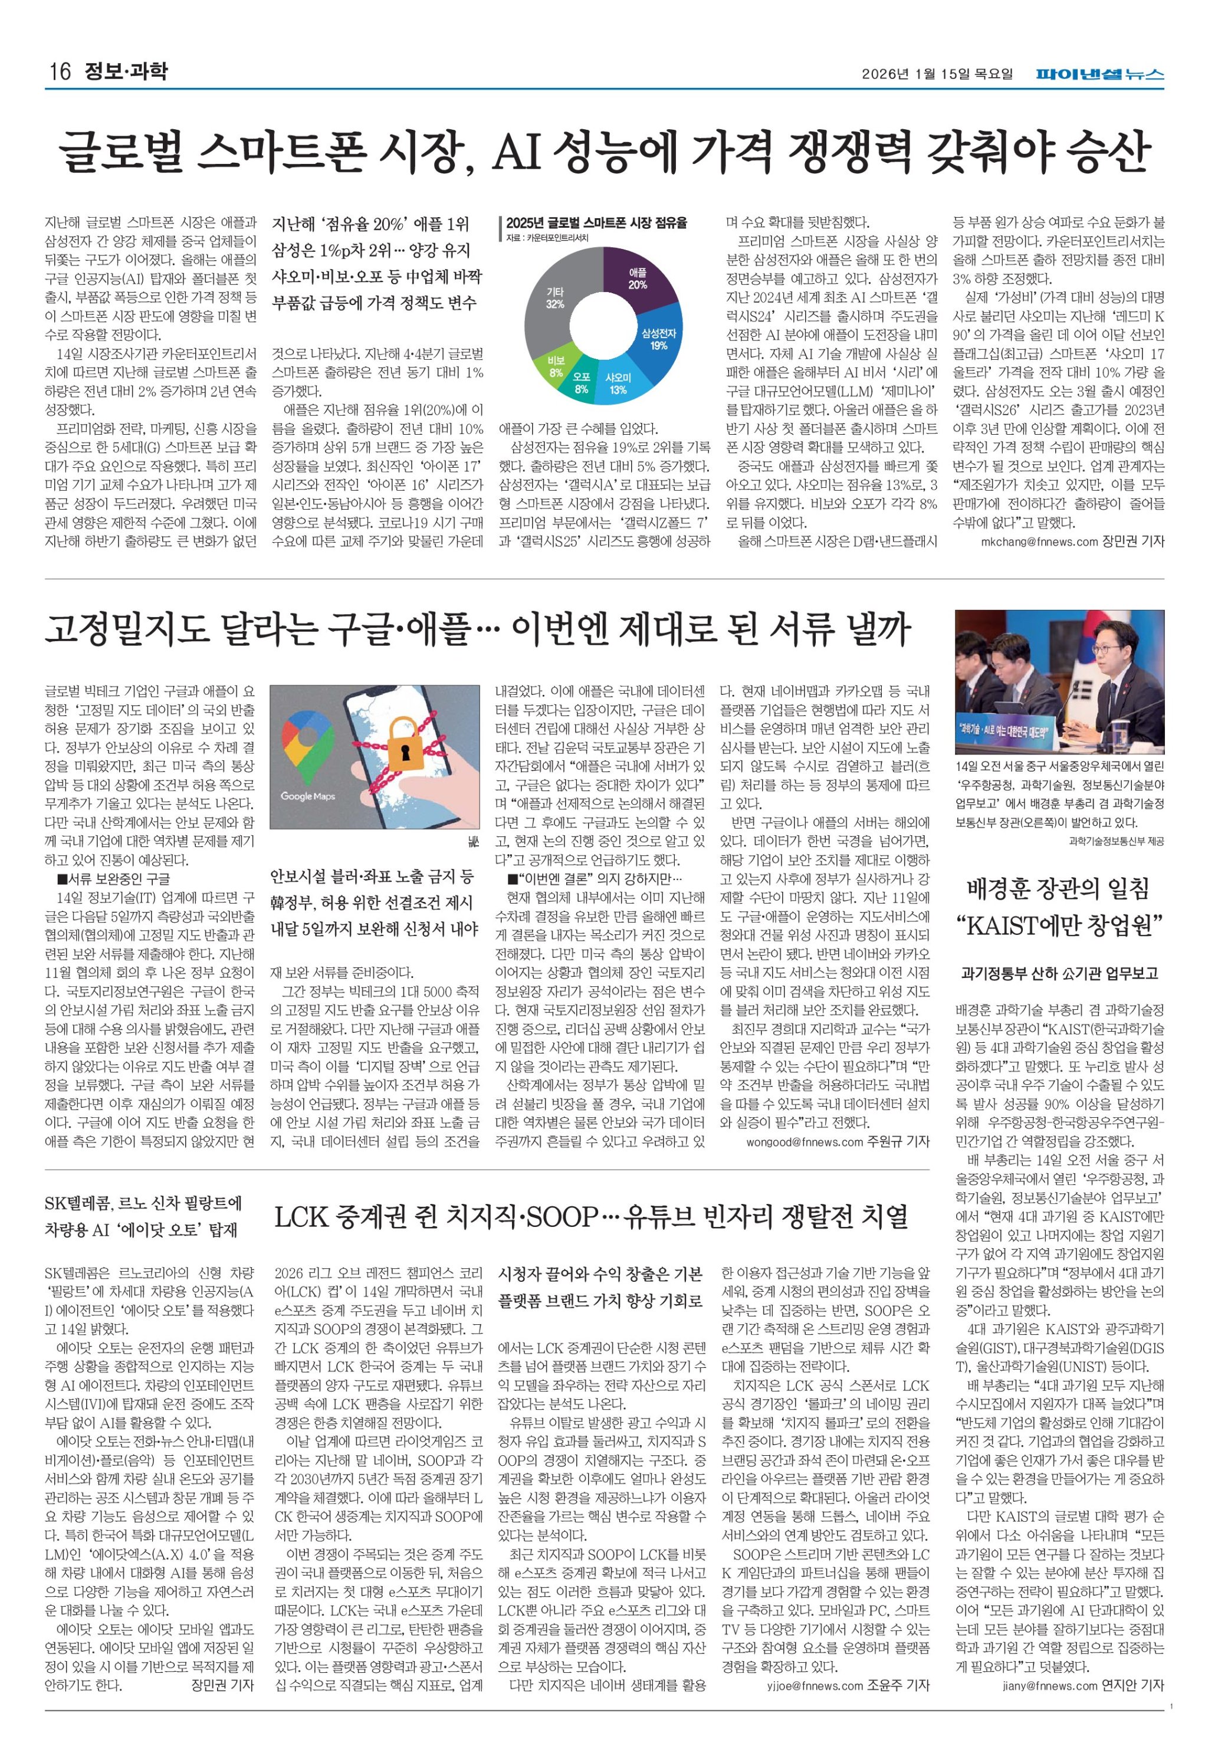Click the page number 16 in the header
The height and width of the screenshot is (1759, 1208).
pyautogui.click(x=59, y=71)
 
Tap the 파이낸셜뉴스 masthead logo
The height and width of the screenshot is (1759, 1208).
pyautogui.click(x=1100, y=74)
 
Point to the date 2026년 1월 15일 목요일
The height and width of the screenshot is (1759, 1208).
pyautogui.click(x=937, y=74)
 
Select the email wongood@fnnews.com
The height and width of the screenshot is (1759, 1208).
pyautogui.click(x=805, y=1141)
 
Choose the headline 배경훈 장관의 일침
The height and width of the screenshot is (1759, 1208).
pyautogui.click(x=1058, y=888)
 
